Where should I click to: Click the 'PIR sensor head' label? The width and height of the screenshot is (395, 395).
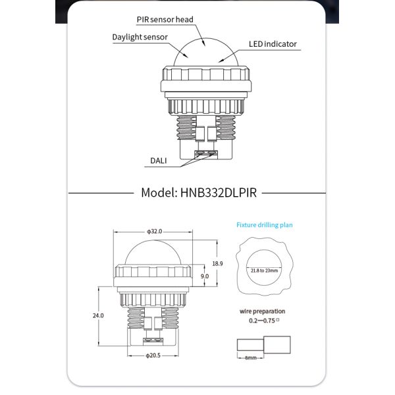point(165,19)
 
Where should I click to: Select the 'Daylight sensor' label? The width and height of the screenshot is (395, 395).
point(140,37)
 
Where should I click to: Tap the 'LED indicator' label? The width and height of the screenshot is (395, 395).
point(273,45)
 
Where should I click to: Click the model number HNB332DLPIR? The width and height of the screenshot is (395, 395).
point(218,194)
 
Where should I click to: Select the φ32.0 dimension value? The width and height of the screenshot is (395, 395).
point(154,232)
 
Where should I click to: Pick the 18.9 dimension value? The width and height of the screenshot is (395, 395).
point(217,263)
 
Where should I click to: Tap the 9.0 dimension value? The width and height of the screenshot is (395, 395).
point(205,277)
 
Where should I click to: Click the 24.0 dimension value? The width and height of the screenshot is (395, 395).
point(99,316)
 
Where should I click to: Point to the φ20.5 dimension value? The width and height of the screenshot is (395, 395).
point(153,355)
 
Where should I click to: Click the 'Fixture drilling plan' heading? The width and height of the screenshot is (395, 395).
point(265,225)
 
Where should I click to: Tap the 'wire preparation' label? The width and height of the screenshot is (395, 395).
point(263,311)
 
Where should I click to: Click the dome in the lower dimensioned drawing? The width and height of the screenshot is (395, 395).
point(153,251)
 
